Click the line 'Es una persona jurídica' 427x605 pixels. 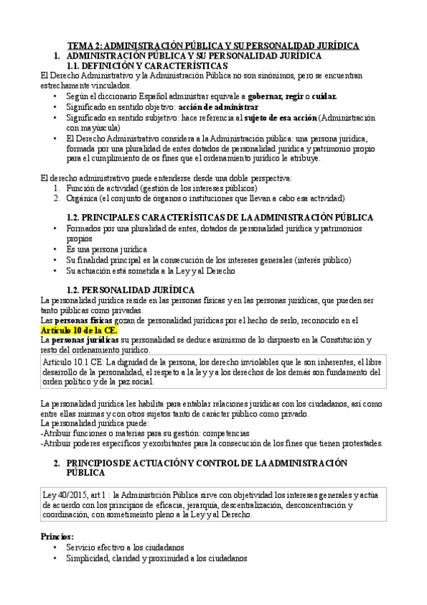click(106, 250)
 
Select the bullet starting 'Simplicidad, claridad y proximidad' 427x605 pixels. click(156, 559)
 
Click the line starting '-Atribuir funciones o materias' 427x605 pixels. click(145, 432)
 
